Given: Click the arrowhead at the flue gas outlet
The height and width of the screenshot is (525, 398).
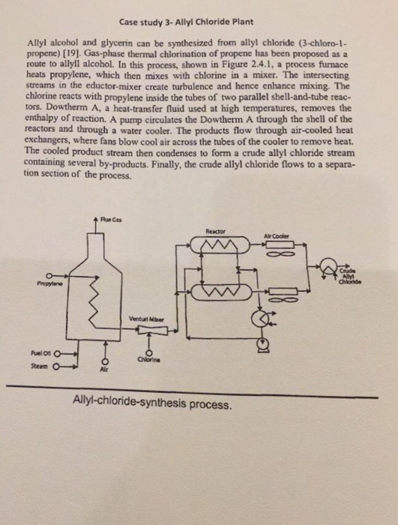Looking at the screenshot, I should click(x=96, y=220).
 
